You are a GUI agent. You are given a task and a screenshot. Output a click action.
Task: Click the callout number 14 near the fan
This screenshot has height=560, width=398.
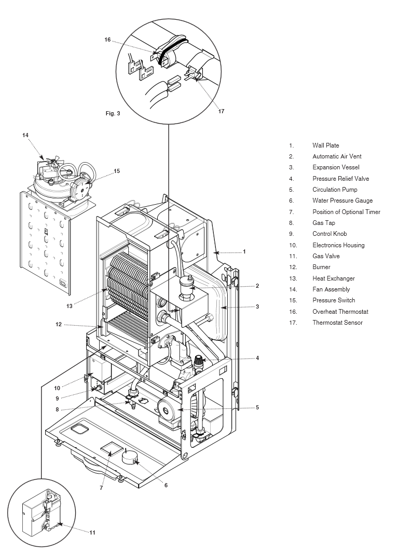(x=25, y=135)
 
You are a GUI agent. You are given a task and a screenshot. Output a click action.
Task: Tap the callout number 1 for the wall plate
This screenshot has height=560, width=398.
(x=243, y=252)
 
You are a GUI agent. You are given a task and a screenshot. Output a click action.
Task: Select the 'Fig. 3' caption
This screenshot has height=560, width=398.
(x=113, y=113)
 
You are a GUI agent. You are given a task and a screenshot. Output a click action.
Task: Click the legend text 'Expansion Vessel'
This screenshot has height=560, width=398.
(x=335, y=167)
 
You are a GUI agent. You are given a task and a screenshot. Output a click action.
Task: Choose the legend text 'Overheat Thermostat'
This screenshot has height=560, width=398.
(x=340, y=312)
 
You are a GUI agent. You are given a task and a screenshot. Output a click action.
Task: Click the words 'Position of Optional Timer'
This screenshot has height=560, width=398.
(x=346, y=212)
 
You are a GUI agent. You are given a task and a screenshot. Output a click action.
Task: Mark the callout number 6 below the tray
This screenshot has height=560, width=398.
(x=166, y=485)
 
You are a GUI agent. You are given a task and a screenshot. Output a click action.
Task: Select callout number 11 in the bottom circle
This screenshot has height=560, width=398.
(x=92, y=532)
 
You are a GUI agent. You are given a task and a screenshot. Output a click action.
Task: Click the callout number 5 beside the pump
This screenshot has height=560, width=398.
(x=257, y=407)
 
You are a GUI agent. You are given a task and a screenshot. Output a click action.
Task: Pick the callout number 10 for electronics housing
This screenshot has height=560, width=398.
(x=56, y=388)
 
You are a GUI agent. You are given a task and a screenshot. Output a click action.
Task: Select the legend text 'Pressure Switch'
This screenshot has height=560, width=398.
(x=334, y=300)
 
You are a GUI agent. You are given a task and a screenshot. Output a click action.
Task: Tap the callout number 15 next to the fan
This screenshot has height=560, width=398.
(x=117, y=170)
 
